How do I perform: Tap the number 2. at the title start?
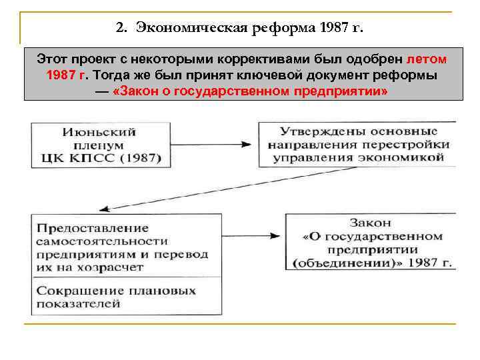121,29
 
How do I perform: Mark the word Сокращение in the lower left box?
72,291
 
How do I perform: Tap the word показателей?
78,304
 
